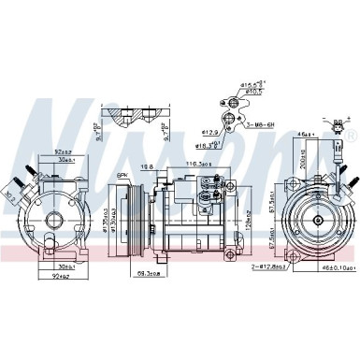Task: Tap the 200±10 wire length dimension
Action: pyautogui.click(x=304, y=160)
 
